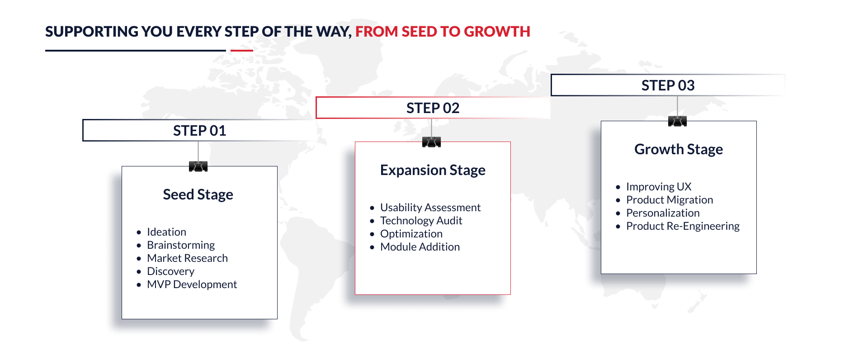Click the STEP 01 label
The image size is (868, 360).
tap(199, 131)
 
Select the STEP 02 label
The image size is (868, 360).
tap(433, 108)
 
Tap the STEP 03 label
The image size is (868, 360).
tap(668, 85)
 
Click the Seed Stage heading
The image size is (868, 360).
tap(198, 194)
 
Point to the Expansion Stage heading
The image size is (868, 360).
tap(433, 170)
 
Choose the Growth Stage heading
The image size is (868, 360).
tap(679, 149)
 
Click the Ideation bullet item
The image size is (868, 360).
tap(166, 232)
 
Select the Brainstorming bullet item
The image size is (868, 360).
tap(181, 245)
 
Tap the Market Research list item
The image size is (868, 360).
tap(187, 258)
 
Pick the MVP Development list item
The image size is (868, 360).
tap(192, 284)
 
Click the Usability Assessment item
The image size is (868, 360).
tap(430, 208)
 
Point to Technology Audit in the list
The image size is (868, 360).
tap(421, 221)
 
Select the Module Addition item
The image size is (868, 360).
tap(420, 247)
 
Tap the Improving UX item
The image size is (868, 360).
tap(659, 187)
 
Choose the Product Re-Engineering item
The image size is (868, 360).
tap(683, 226)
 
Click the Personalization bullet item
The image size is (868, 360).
tap(663, 213)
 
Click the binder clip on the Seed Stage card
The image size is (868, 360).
tap(198, 166)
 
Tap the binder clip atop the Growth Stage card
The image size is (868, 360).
tap(677, 121)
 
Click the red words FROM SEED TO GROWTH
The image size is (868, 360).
tap(443, 32)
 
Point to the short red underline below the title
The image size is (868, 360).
tap(242, 50)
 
